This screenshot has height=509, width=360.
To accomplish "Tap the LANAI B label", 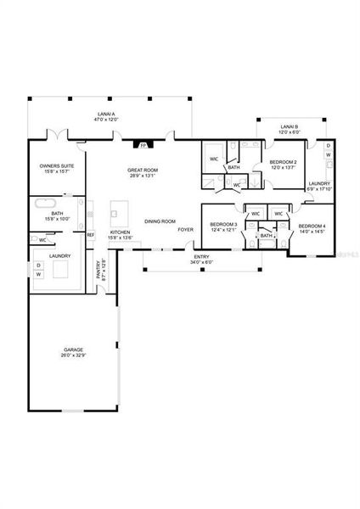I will click(x=290, y=127).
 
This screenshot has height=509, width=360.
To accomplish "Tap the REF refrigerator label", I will click(x=91, y=234).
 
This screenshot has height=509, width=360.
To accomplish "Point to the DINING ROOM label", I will click(x=160, y=221).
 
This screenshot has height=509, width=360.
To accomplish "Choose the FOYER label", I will click(x=185, y=230).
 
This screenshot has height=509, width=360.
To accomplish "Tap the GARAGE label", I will click(x=72, y=350).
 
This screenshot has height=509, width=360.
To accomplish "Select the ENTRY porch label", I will click(x=202, y=256).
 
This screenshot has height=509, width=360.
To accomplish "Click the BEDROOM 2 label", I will click(x=283, y=161).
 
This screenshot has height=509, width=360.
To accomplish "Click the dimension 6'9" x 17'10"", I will click(x=319, y=189).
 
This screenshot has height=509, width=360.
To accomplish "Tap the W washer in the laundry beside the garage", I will click(x=38, y=275).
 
